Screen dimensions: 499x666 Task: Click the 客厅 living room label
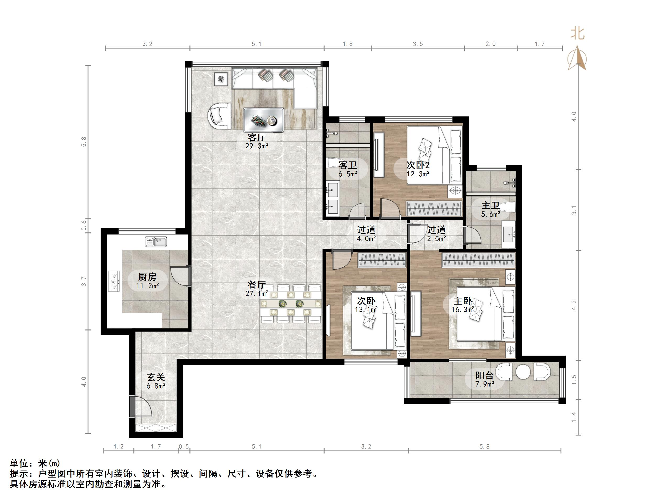pos(256,137)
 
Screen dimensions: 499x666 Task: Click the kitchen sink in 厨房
pos(156,242)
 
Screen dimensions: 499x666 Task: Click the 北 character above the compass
pos(577,33)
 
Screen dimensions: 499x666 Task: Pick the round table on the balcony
pos(523,372)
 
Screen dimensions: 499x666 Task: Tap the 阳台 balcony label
pos(484,375)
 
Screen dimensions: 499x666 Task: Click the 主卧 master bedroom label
pos(462,301)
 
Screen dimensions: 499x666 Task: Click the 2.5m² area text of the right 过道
pos(436,239)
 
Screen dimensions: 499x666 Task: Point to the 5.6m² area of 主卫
pos(490,214)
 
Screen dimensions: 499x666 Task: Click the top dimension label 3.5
pos(418,44)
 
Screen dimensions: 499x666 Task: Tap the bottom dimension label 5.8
pos(484,447)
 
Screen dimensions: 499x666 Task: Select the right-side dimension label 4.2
pos(574,305)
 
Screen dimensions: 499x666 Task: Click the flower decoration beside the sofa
pos(221,79)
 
